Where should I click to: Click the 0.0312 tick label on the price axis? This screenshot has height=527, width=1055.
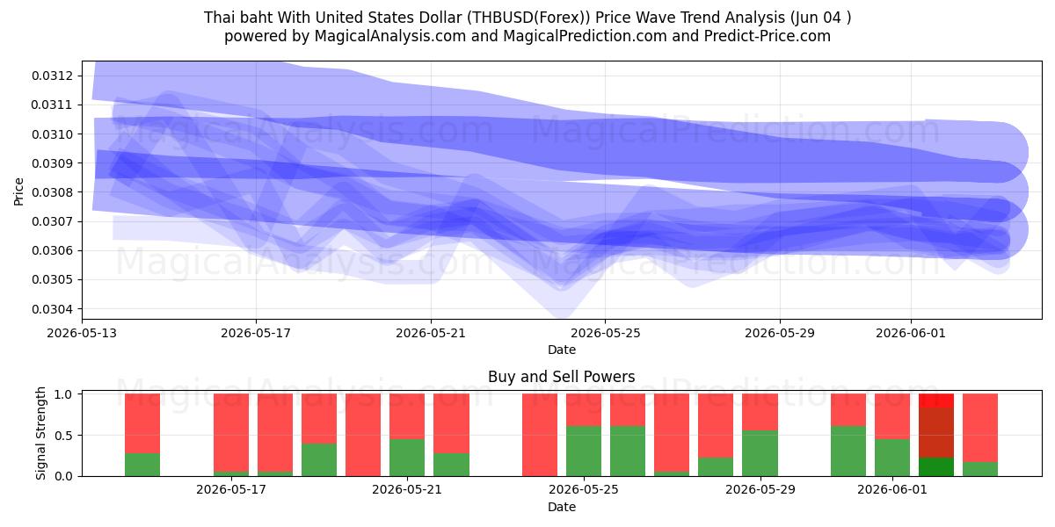tap(52, 76)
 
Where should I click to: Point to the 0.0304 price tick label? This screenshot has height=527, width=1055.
tap(52, 309)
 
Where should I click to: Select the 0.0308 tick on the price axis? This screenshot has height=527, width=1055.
tap(52, 192)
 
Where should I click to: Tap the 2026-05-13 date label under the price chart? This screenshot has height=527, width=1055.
tap(82, 333)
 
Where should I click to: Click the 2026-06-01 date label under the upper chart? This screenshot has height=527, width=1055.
tap(911, 333)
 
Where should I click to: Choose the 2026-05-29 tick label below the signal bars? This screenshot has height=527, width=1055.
tap(760, 489)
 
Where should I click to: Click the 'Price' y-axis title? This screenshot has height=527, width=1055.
tap(18, 191)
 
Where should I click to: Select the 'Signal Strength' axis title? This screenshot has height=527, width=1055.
tap(41, 433)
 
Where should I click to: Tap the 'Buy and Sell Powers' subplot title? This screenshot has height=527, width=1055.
tap(562, 377)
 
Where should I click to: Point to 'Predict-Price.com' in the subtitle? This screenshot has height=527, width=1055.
tap(768, 36)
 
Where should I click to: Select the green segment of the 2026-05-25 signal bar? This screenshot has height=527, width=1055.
tap(584, 451)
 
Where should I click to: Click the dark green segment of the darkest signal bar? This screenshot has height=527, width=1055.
tap(936, 466)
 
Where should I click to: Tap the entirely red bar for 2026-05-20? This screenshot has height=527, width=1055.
tap(363, 435)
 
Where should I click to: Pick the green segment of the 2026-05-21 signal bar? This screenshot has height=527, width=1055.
tap(407, 458)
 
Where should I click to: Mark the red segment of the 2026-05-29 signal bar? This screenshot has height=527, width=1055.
tap(760, 412)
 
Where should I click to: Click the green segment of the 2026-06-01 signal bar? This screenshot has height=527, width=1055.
tap(892, 458)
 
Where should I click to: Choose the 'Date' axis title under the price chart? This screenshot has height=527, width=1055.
tap(562, 350)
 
